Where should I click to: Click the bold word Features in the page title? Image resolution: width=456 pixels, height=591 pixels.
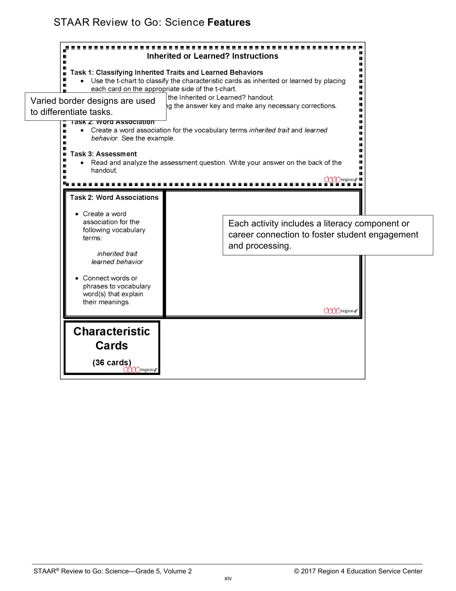229,23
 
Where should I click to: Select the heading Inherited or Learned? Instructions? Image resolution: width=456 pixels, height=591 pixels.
212,56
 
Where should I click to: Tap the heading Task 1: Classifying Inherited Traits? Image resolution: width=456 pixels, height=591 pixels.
166,72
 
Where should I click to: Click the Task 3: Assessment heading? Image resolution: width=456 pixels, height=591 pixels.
104,154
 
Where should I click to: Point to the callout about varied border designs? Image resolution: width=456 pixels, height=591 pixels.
95,106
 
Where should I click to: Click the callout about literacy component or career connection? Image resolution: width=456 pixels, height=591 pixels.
328,235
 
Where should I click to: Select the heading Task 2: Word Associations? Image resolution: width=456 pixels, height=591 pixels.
114,198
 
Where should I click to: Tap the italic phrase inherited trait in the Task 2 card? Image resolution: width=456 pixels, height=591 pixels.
117,254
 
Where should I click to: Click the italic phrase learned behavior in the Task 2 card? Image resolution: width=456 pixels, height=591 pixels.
117,262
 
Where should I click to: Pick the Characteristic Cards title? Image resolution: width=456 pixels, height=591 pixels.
112,339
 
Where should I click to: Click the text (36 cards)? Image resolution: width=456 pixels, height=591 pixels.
112,362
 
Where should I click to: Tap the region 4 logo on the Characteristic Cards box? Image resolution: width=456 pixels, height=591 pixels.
140,369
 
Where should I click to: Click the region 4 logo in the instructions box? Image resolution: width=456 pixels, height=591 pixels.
340,179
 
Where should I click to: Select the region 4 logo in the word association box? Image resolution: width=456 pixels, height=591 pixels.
340,311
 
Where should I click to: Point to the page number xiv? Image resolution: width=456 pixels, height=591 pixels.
228,578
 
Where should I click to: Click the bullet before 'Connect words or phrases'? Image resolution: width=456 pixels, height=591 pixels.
77,278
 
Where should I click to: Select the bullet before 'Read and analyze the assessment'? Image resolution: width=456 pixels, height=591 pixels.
82,163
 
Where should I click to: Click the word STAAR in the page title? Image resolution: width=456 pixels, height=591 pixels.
72,23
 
